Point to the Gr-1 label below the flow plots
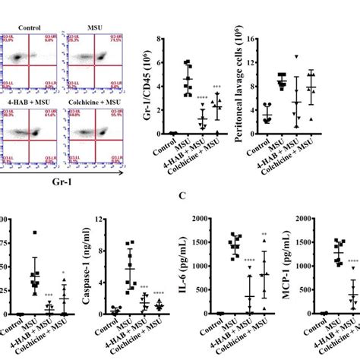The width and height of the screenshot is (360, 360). (x=65, y=182)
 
